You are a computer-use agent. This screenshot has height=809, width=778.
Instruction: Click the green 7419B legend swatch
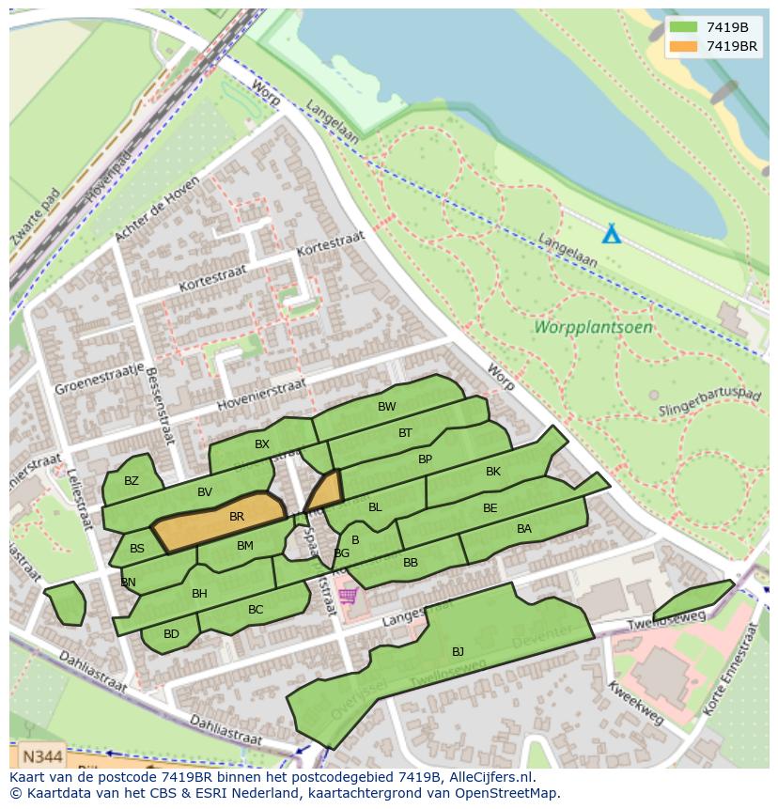click(683, 28)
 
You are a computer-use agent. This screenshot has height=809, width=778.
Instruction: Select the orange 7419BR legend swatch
click(683, 46)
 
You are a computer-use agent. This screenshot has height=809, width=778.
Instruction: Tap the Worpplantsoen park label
click(593, 328)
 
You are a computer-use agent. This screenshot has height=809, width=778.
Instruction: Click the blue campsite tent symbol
click(612, 233)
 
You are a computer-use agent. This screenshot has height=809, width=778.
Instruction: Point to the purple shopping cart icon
click(349, 596)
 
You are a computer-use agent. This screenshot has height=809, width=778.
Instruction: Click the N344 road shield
click(41, 755)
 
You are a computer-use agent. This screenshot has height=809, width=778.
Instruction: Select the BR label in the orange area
click(237, 517)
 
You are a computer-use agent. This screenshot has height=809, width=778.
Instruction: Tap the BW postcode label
click(387, 407)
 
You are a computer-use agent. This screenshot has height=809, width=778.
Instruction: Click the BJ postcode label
click(458, 651)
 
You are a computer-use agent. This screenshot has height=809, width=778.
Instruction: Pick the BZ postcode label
click(132, 481)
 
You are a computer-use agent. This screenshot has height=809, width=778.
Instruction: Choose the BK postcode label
click(493, 472)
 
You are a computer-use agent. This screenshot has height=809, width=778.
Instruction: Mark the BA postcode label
click(524, 529)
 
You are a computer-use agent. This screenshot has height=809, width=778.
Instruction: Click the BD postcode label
click(171, 634)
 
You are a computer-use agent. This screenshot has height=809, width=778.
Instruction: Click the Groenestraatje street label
click(99, 378)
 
